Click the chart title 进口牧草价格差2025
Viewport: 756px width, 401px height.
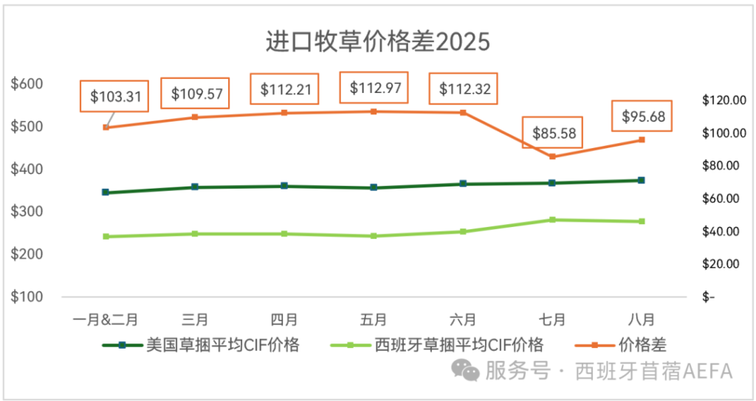(377, 42)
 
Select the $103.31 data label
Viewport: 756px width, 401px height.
(115, 96)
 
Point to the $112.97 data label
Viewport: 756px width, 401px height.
(374, 88)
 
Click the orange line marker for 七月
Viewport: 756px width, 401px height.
(552, 156)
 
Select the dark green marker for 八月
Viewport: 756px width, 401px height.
(642, 180)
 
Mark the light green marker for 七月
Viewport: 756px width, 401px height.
(552, 220)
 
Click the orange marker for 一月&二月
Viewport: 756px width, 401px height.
(106, 128)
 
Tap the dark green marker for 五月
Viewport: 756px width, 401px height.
(374, 187)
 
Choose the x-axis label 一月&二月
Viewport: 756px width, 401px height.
(106, 320)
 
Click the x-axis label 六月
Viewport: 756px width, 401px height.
(463, 320)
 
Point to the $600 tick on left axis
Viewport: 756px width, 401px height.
(27, 84)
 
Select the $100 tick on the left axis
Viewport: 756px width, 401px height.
(27, 297)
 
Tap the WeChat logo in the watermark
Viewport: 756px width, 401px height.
(466, 370)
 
